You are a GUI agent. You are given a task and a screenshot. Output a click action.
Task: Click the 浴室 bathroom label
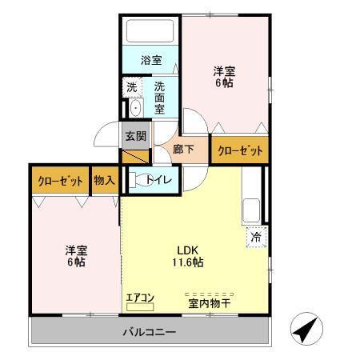(150, 60)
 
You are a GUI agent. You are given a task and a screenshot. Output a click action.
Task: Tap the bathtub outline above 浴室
(150, 32)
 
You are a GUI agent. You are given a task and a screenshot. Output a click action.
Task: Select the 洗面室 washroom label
(160, 97)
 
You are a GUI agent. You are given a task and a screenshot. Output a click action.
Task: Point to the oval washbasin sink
(135, 109)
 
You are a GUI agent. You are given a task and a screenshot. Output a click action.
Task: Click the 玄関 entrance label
(135, 136)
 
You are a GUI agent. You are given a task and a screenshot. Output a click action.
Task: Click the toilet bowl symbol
(141, 180)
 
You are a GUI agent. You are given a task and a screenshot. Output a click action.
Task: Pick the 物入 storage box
(104, 180)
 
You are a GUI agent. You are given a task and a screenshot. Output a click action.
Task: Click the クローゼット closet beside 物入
(60, 180)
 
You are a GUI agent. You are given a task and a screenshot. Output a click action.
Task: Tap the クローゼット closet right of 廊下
(238, 150)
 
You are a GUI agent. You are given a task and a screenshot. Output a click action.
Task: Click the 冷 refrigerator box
(256, 238)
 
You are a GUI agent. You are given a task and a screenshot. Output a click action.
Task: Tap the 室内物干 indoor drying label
(210, 302)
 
